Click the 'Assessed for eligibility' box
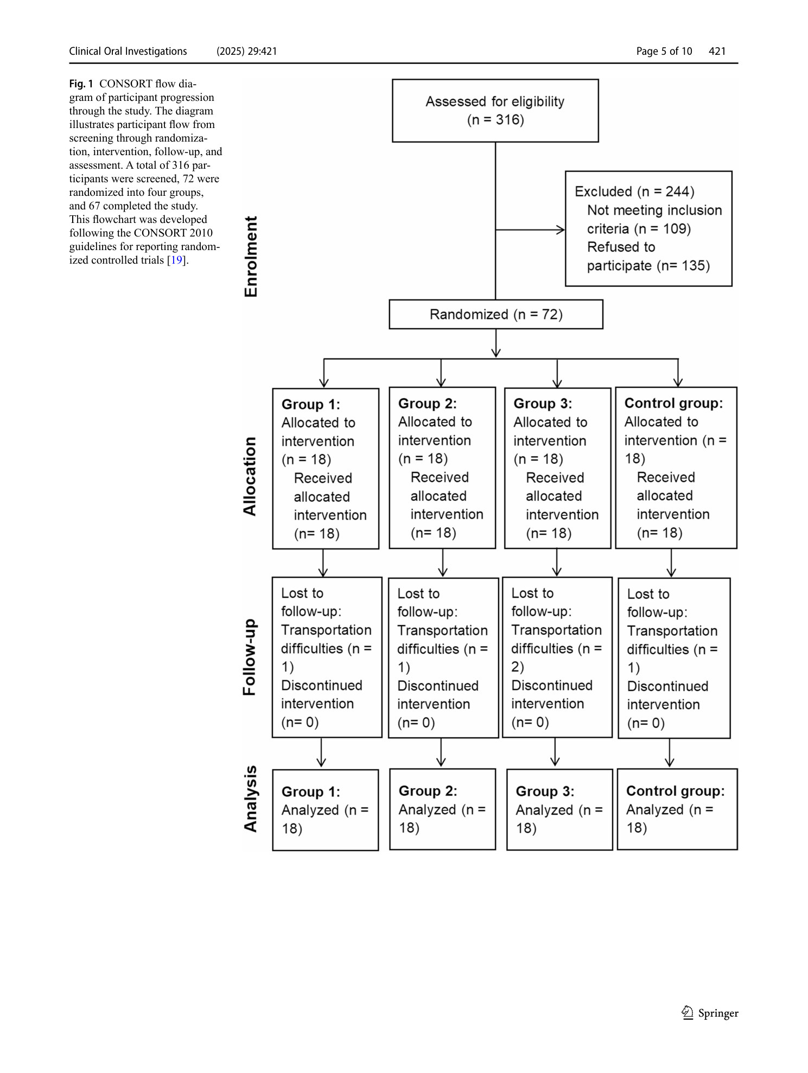point(495,111)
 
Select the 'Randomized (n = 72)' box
point(496,314)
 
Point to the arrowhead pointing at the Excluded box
point(561,230)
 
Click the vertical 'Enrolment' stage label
point(251,257)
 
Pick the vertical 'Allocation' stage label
point(250,476)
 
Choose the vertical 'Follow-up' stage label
point(249,657)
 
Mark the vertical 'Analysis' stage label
point(250,799)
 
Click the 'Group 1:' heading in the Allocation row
point(311,404)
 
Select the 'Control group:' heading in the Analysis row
point(675,791)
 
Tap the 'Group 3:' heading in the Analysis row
point(545,791)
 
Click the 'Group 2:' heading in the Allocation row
point(428,404)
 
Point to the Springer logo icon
point(688,1013)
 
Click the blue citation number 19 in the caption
point(176,260)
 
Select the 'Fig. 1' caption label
point(81,84)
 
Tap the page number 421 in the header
point(717,51)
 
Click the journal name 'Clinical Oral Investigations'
point(128,51)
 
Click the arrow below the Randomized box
point(496,343)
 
